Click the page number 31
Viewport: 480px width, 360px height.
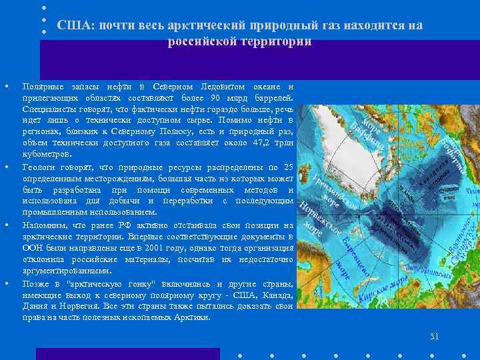(435, 336)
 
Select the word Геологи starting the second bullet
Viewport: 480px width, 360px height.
(38, 166)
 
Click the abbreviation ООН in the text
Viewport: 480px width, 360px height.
(33, 247)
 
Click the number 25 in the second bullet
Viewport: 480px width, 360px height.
(288, 166)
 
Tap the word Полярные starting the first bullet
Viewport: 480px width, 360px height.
(41, 87)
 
